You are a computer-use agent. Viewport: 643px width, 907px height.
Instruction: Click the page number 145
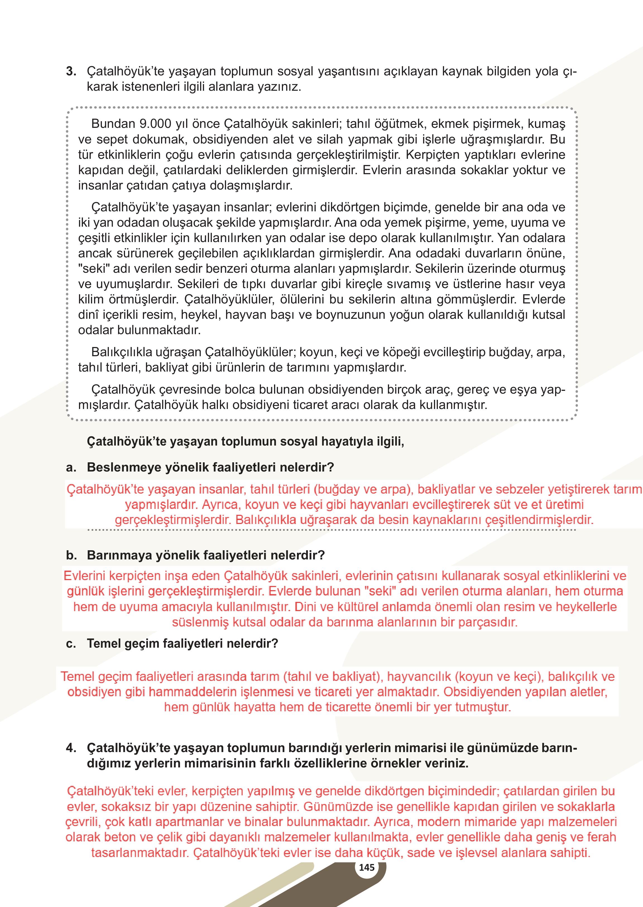tap(366, 867)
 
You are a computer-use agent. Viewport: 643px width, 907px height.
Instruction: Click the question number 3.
tap(71, 72)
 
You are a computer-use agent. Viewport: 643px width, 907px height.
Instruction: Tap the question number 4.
tap(71, 748)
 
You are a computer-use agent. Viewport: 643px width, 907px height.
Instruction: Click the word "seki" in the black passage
tap(93, 269)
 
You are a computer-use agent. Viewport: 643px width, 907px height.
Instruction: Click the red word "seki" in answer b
tap(380, 591)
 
